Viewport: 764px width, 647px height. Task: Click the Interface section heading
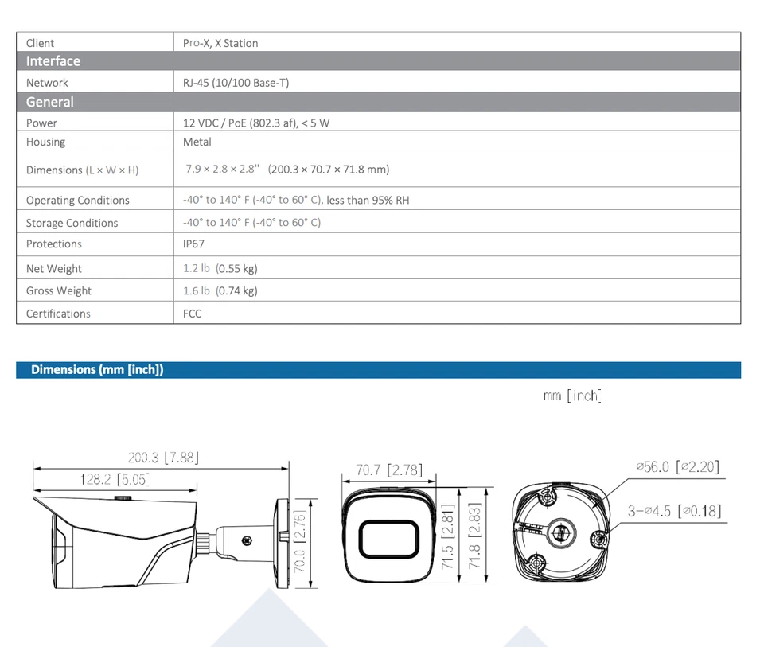tap(53, 61)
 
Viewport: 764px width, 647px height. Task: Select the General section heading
tap(49, 102)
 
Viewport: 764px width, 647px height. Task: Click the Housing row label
tap(45, 142)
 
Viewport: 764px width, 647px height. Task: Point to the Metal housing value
tap(197, 142)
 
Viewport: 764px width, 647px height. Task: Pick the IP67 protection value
tap(193, 244)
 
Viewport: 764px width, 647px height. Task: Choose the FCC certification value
tap(192, 314)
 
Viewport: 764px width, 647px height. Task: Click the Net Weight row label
tap(53, 269)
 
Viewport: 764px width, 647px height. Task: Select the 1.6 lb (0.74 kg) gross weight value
tap(220, 291)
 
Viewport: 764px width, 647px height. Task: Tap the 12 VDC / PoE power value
tap(255, 123)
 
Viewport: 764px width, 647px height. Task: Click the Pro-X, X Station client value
tap(220, 43)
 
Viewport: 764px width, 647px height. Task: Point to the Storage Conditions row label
tap(72, 223)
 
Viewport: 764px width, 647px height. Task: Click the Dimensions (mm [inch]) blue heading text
tap(97, 370)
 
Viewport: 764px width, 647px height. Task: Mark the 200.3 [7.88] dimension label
tap(163, 458)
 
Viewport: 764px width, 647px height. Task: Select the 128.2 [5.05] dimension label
tap(115, 479)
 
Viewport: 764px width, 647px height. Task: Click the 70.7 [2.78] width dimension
tap(388, 470)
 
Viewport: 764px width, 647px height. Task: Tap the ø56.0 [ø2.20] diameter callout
tap(677, 467)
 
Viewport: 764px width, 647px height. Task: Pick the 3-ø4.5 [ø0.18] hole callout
tap(674, 511)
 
